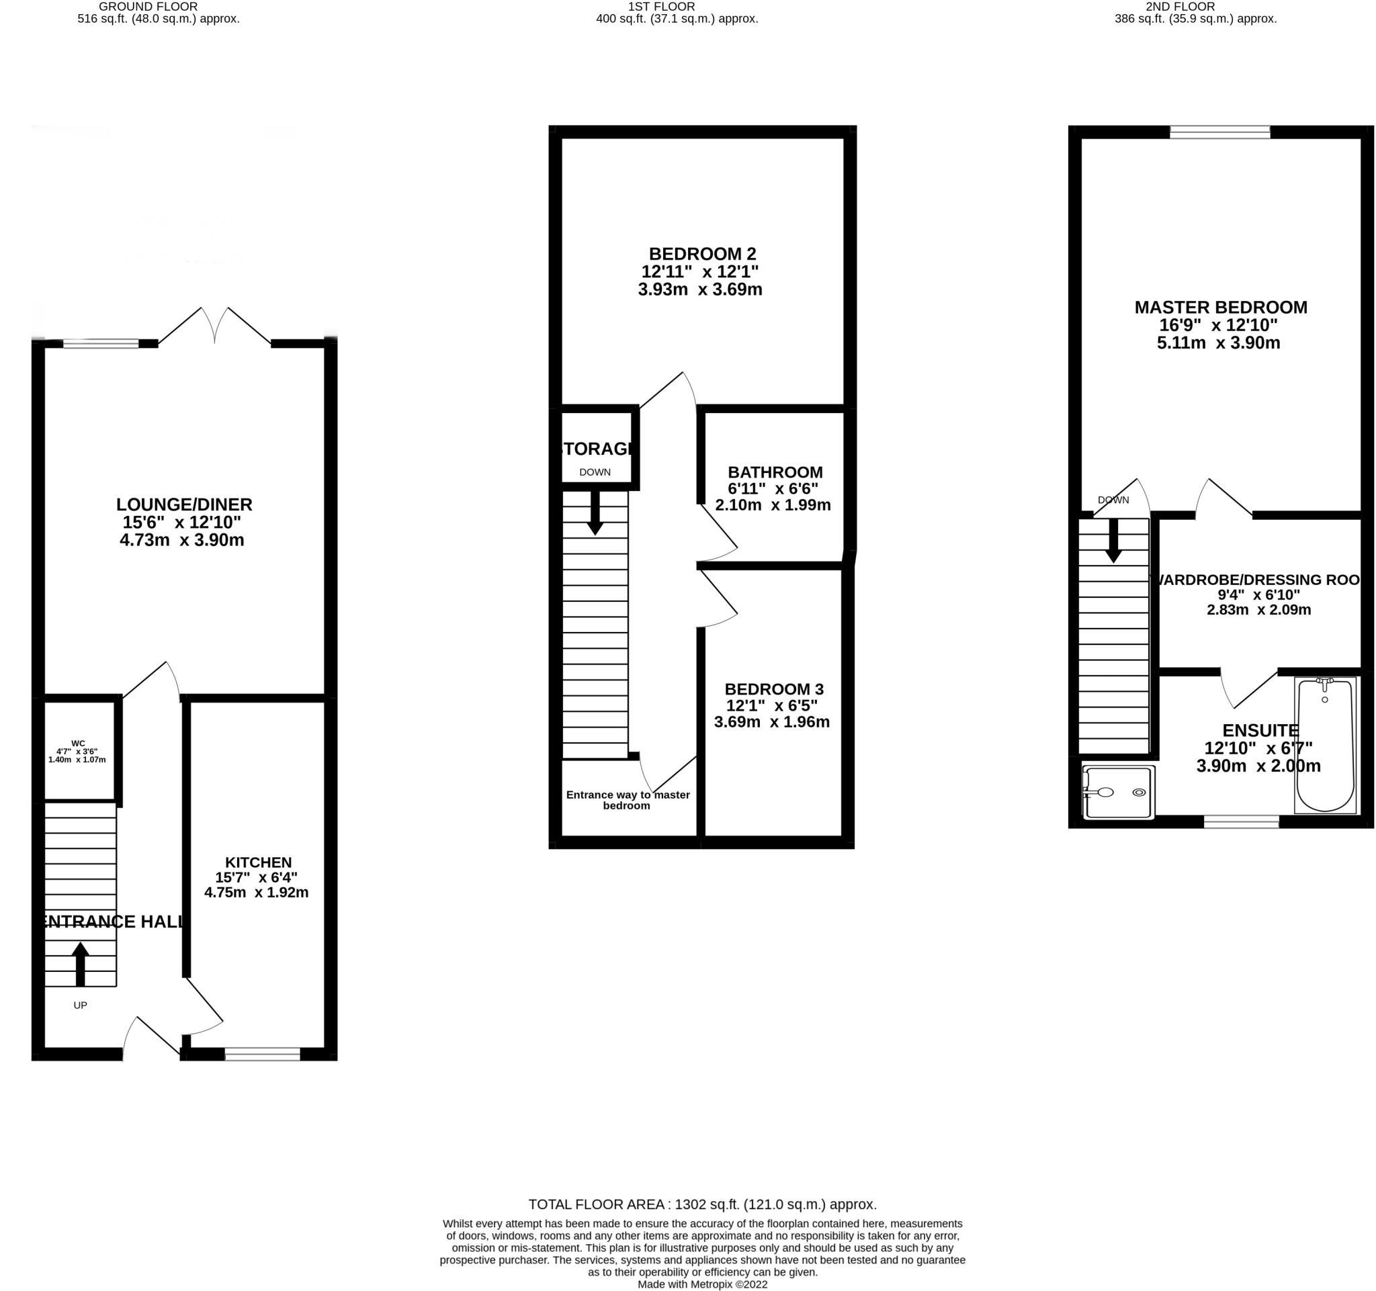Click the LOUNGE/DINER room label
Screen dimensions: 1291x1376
[183, 505]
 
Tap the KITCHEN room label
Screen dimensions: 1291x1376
[258, 862]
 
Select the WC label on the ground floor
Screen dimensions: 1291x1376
[77, 744]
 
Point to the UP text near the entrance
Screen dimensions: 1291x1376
[81, 1006]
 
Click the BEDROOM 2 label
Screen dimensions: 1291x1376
[702, 254]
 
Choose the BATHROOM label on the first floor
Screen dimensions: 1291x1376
[775, 472]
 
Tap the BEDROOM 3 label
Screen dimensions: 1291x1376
[773, 689]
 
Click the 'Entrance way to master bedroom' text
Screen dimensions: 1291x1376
[627, 800]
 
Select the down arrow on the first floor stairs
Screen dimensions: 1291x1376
[595, 513]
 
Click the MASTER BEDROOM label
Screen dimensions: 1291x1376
[1220, 308]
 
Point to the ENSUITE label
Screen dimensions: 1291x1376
[1260, 731]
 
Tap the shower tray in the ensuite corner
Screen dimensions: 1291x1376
[1119, 792]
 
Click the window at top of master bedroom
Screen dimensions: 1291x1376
[1219, 132]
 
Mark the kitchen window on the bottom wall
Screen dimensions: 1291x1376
[262, 1055]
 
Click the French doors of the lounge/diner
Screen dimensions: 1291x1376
[214, 326]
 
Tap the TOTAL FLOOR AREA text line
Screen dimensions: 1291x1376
[702, 1204]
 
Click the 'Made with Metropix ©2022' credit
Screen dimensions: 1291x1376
[702, 1284]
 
